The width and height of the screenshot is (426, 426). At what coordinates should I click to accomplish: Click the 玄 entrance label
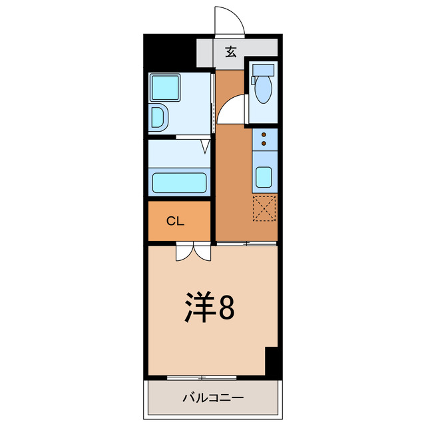(230, 51)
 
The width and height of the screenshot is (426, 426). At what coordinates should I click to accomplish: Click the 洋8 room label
(209, 307)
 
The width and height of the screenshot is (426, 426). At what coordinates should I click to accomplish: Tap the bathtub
(178, 182)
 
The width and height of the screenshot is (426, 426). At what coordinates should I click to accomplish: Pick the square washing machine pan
(164, 87)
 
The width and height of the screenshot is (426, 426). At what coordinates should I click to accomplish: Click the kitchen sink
(264, 177)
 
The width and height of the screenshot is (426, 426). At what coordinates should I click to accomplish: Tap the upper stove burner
(264, 134)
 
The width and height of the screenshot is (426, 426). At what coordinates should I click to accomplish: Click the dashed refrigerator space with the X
(264, 208)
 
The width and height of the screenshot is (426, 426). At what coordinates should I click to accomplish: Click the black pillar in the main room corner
(272, 362)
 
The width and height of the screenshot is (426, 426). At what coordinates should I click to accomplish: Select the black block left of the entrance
(170, 52)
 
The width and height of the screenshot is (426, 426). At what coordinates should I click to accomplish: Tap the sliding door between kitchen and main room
(246, 244)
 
